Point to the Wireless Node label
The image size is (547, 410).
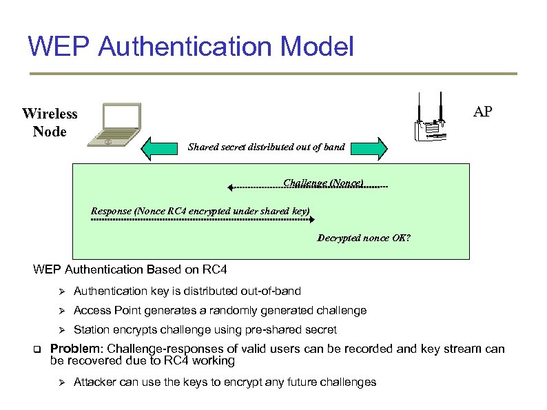(x=50, y=122)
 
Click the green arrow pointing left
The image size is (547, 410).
(x=159, y=147)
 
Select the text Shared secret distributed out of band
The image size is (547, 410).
(x=266, y=147)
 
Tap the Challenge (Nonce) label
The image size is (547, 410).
(x=323, y=183)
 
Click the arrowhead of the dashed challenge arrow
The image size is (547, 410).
(x=231, y=187)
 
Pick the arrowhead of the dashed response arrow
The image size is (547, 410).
(x=311, y=220)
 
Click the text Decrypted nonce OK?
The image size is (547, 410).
(x=364, y=238)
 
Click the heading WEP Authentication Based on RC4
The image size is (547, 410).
(x=130, y=269)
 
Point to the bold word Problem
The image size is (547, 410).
(x=75, y=349)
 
